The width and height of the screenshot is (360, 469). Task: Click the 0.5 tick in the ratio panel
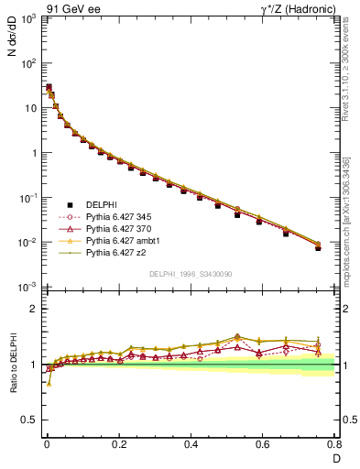(x=29, y=421)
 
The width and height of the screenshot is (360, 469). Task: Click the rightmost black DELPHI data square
(x=318, y=247)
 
